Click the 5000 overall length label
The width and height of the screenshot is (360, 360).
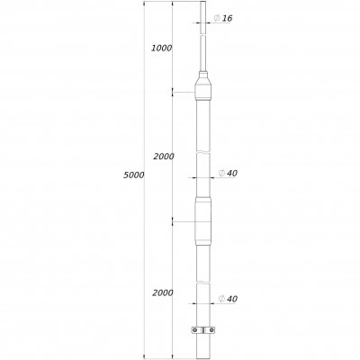pyautogui.click(x=134, y=175)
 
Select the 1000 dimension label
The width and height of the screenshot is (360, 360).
pyautogui.click(x=161, y=48)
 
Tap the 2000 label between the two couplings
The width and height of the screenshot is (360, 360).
pyautogui.click(x=164, y=157)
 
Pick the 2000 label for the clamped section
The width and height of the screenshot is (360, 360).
pyautogui.click(x=163, y=292)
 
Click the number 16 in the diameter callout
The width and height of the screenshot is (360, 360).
pyautogui.click(x=227, y=18)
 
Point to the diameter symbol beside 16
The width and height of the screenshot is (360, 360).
pyautogui.click(x=217, y=18)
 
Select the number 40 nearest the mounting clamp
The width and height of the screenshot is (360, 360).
pyautogui.click(x=232, y=299)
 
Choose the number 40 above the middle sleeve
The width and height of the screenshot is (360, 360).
pyautogui.click(x=232, y=174)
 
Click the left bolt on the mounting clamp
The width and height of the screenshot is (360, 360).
pyautogui.click(x=195, y=330)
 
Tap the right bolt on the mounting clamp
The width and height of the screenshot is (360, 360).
pyautogui.click(x=211, y=330)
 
